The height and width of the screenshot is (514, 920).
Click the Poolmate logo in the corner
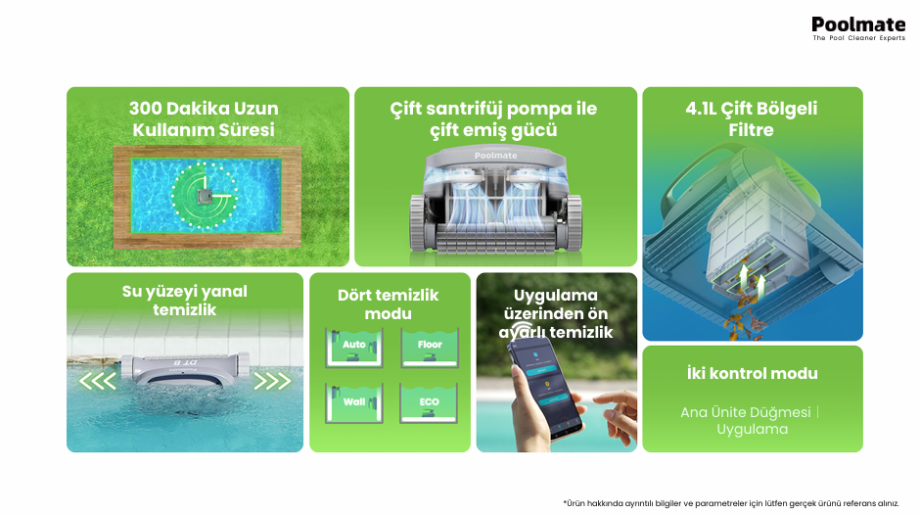858,28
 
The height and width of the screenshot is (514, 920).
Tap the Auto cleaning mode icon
353,348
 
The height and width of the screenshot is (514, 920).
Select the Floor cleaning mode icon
430,348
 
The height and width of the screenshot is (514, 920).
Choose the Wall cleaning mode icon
353,403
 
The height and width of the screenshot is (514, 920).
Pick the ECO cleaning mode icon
429,403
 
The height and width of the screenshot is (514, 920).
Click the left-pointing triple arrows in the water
98,381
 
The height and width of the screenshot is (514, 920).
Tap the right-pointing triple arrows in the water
272,381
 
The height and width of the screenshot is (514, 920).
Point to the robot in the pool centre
205,197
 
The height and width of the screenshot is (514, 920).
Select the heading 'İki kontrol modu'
753,374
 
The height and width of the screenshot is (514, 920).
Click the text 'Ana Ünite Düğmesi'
746,412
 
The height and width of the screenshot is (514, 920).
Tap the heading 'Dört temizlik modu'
388,304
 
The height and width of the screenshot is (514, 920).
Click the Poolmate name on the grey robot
496,156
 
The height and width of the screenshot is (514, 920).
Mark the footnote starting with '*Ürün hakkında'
731,503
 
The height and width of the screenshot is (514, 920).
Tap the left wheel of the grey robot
418,223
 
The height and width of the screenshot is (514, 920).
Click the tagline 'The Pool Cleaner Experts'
859,38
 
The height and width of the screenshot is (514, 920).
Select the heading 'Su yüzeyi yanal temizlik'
185,301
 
